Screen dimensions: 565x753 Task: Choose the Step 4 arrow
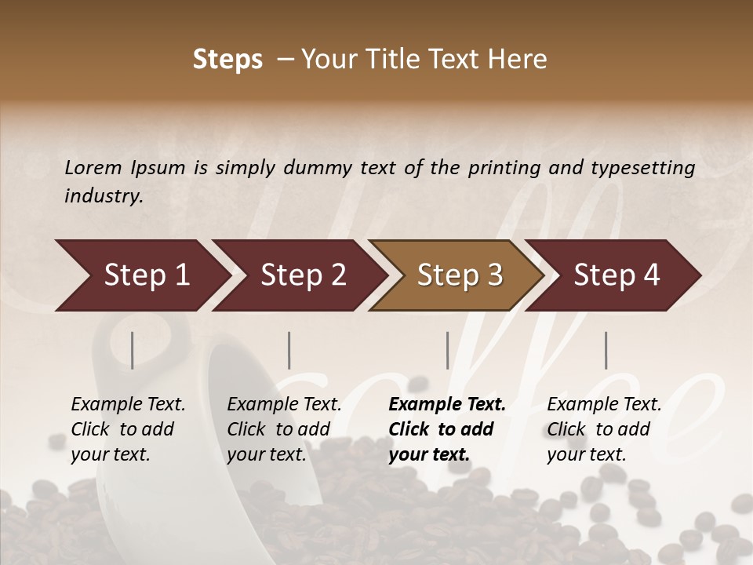617,275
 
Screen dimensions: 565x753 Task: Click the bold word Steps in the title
227,60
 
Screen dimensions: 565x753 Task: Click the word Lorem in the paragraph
93,167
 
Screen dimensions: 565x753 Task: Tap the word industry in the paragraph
103,195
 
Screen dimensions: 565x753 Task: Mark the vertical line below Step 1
132,350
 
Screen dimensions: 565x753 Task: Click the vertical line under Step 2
289,350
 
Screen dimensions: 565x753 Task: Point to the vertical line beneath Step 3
447,350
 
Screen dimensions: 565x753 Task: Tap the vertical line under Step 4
606,350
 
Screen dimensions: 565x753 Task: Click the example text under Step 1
128,429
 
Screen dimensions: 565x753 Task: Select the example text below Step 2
284,429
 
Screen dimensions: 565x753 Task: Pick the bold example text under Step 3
446,429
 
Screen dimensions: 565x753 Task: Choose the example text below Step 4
604,429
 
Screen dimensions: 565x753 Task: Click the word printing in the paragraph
501,167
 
